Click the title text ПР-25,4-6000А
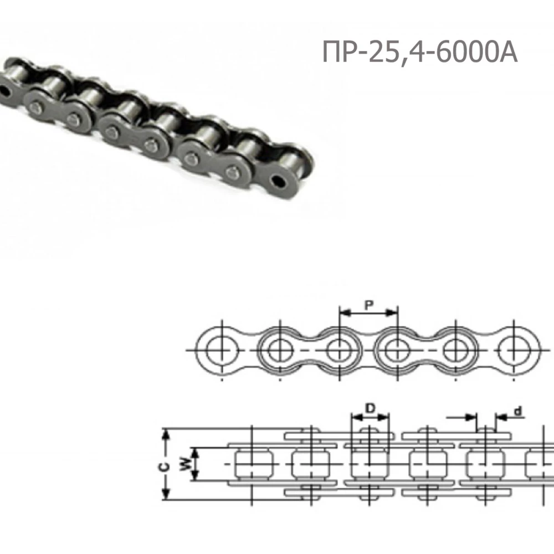420,52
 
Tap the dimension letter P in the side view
369,305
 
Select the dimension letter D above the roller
370,408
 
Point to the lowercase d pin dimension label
518,411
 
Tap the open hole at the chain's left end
4,91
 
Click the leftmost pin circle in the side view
222,351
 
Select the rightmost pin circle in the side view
514,351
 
